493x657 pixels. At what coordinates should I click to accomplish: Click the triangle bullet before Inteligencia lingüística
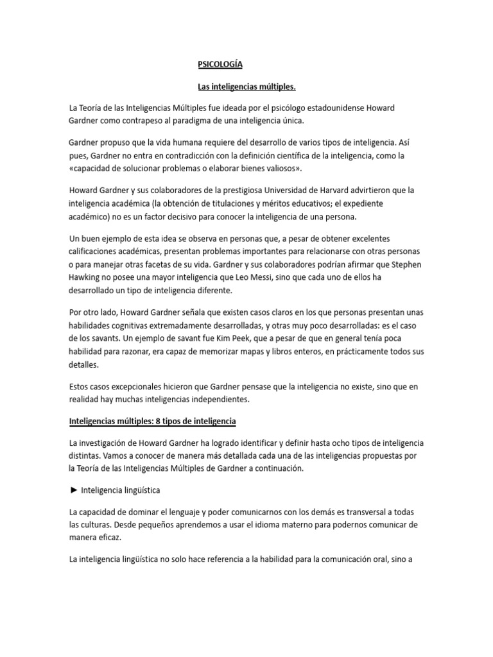[x=74, y=490]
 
